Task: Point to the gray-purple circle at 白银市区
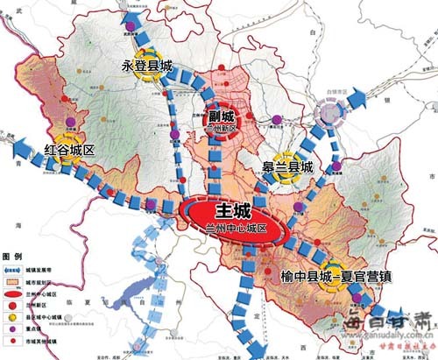coord(329,112)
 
